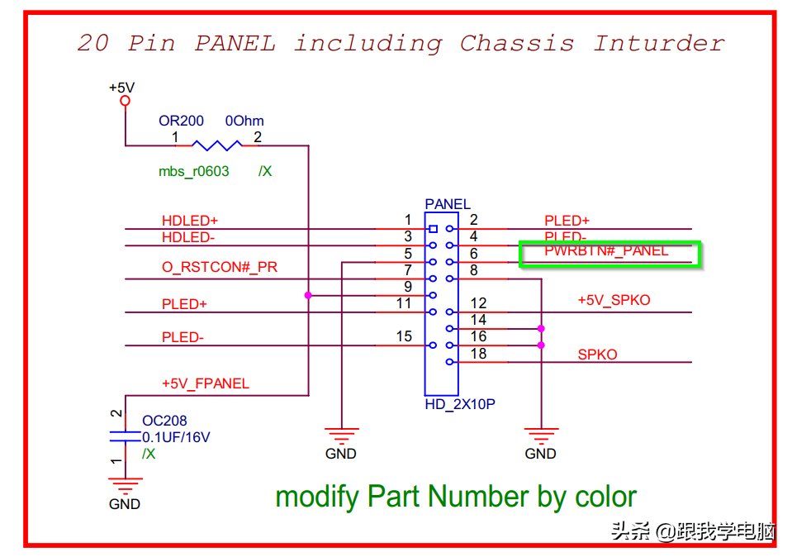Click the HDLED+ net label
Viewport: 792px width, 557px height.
click(x=189, y=221)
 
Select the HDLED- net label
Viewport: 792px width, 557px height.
click(x=188, y=237)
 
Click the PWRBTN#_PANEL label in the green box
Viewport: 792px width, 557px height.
click(x=606, y=250)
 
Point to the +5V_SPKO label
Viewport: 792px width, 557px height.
click(x=614, y=300)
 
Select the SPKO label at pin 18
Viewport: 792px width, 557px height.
click(x=597, y=355)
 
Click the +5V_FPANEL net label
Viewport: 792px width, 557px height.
click(x=205, y=383)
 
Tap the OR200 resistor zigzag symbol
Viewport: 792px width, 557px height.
click(x=217, y=145)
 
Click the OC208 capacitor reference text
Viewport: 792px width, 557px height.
click(x=164, y=421)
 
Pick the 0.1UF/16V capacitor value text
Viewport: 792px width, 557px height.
click(x=175, y=437)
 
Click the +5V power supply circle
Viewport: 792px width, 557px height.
click(x=126, y=101)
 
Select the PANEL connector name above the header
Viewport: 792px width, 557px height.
click(x=447, y=204)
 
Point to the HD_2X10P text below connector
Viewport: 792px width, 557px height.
click(x=459, y=404)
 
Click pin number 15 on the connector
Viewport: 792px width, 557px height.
click(x=404, y=336)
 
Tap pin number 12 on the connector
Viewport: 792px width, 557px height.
click(x=478, y=303)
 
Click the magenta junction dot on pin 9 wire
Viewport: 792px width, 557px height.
click(x=308, y=295)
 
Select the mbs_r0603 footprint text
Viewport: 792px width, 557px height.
click(x=193, y=171)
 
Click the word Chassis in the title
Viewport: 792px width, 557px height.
click(x=516, y=43)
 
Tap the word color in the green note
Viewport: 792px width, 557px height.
click(x=602, y=497)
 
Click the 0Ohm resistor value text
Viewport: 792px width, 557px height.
click(x=244, y=121)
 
